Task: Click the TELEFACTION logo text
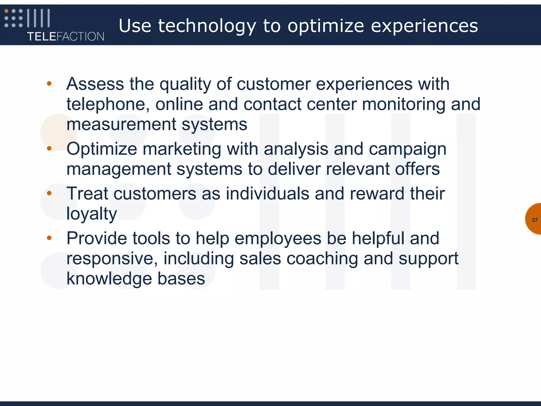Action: (66, 36)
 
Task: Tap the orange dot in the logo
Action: (7, 11)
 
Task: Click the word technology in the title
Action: (207, 26)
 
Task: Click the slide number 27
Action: (535, 220)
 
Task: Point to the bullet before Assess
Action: (49, 84)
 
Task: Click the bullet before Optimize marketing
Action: (49, 149)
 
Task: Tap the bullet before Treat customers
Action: (49, 193)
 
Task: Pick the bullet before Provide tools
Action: (49, 238)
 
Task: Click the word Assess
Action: (95, 84)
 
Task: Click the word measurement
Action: (121, 124)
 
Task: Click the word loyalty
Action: (91, 214)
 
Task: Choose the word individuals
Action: (267, 193)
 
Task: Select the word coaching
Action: (322, 259)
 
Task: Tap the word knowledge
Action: (109, 279)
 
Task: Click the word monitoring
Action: (403, 104)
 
